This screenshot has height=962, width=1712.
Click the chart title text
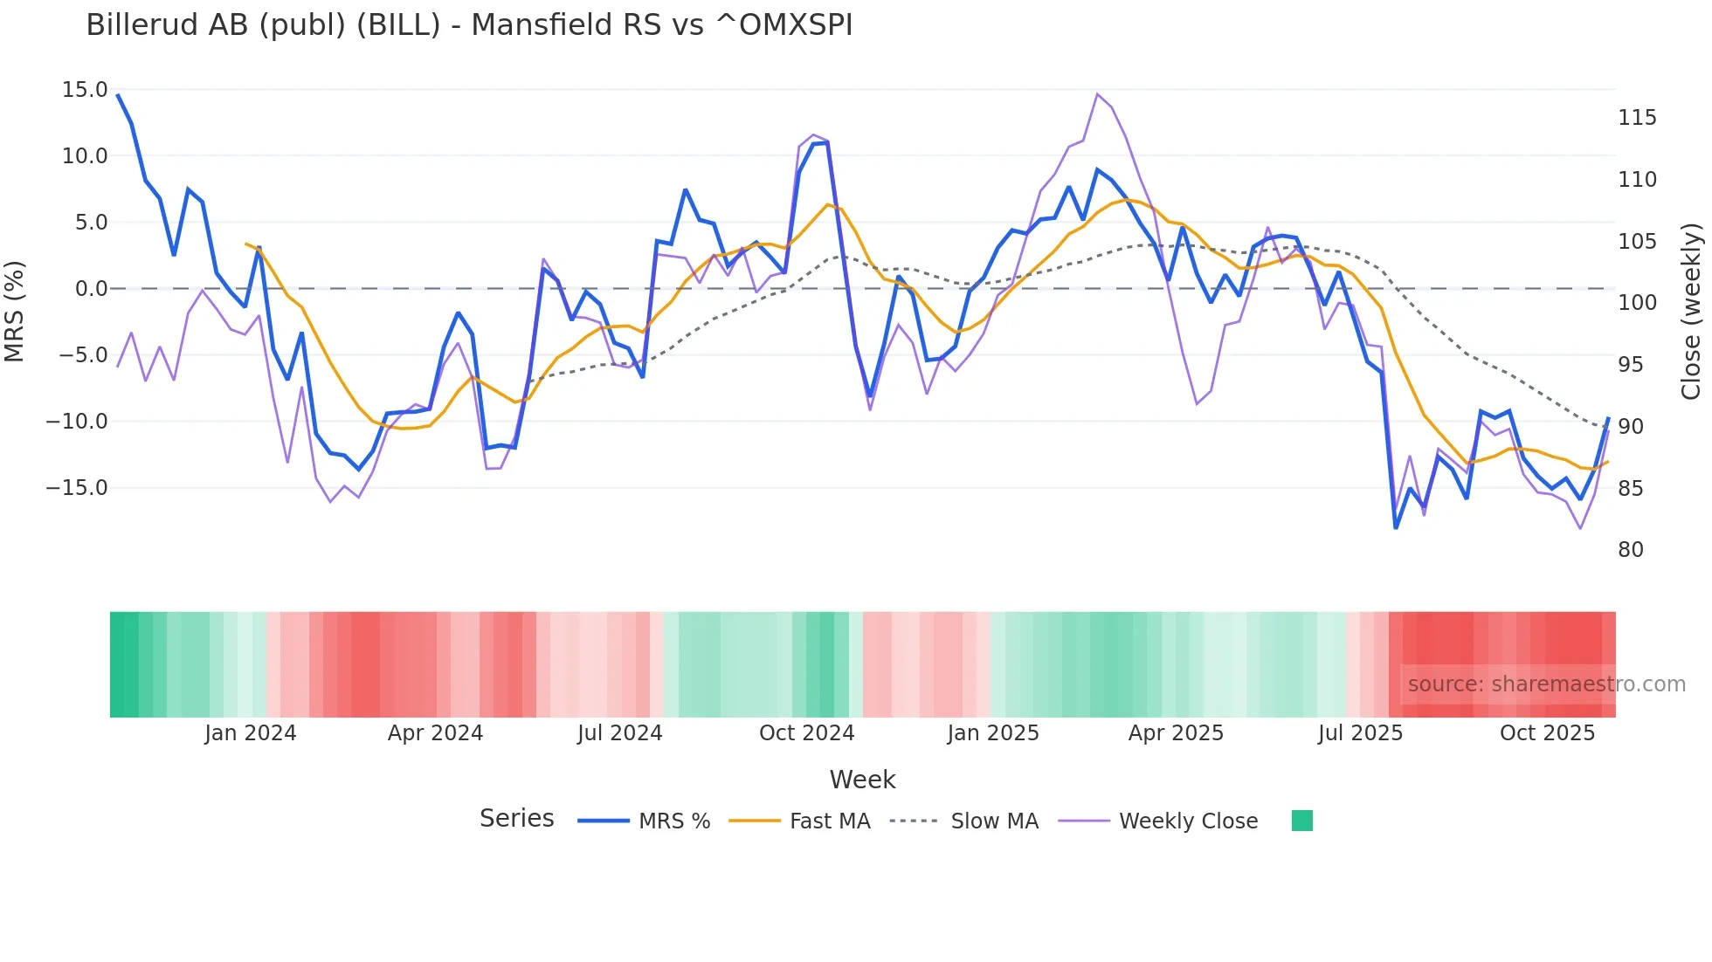[x=469, y=25]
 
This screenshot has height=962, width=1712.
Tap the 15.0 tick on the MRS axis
[x=85, y=90]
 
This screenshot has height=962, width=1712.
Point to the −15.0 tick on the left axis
[x=77, y=488]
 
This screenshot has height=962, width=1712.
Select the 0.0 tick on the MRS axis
[x=91, y=289]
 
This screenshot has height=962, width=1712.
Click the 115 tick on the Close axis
[x=1637, y=118]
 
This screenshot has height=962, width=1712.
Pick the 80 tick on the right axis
[x=1631, y=550]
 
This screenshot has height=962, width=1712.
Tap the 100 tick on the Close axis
[x=1637, y=303]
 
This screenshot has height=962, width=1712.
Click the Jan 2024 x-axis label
[x=251, y=733]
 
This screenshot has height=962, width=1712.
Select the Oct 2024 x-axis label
[x=806, y=733]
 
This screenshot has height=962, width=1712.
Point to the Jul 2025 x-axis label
[x=1360, y=733]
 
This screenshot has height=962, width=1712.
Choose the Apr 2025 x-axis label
[x=1176, y=733]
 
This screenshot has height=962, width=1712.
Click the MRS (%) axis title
[x=15, y=311]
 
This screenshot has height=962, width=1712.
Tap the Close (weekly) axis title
[x=1692, y=312]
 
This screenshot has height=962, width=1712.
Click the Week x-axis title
[x=862, y=780]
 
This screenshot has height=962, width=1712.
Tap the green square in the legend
[x=1302, y=821]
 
